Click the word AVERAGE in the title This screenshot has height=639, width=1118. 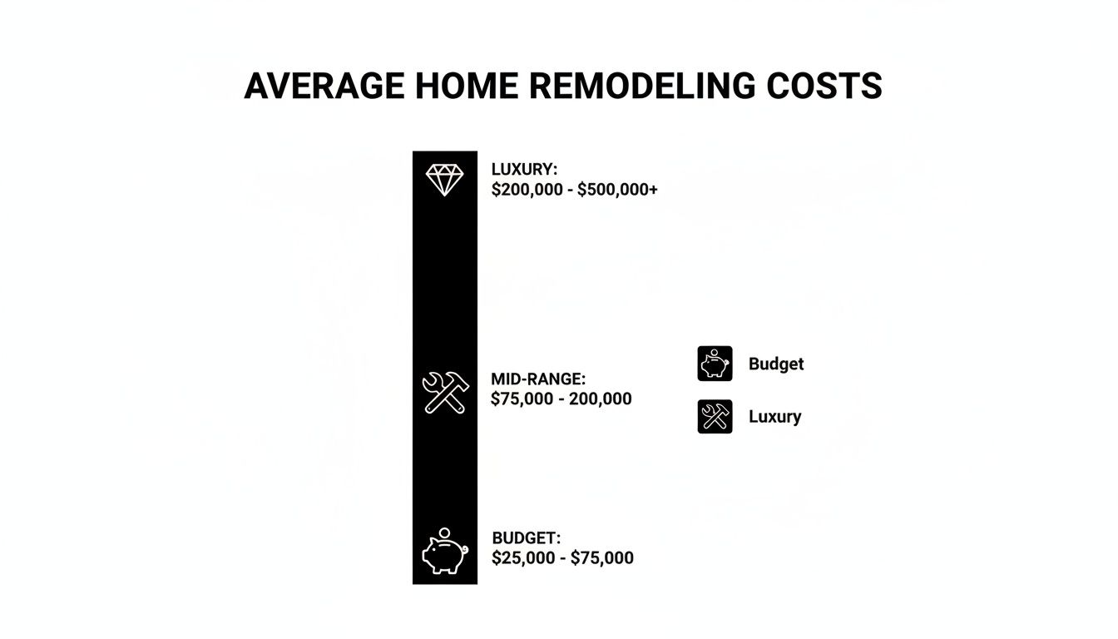(324, 86)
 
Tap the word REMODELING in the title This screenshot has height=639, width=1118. (642, 86)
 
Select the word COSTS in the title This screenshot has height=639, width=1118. (824, 86)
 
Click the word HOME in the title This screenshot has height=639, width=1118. (467, 86)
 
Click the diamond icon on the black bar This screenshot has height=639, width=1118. (445, 180)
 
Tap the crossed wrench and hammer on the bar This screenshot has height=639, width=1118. (445, 393)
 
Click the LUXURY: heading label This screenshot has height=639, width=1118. (524, 169)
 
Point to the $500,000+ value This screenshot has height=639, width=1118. (617, 190)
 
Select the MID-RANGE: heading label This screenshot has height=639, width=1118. (538, 379)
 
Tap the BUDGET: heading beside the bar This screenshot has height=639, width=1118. (526, 537)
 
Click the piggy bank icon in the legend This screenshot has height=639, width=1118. (715, 364)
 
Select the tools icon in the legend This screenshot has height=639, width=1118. (715, 416)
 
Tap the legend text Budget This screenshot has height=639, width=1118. (776, 364)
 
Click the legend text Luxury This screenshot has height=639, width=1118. (774, 416)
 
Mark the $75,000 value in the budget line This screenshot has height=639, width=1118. (602, 557)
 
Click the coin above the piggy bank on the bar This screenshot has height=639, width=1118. (444, 532)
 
